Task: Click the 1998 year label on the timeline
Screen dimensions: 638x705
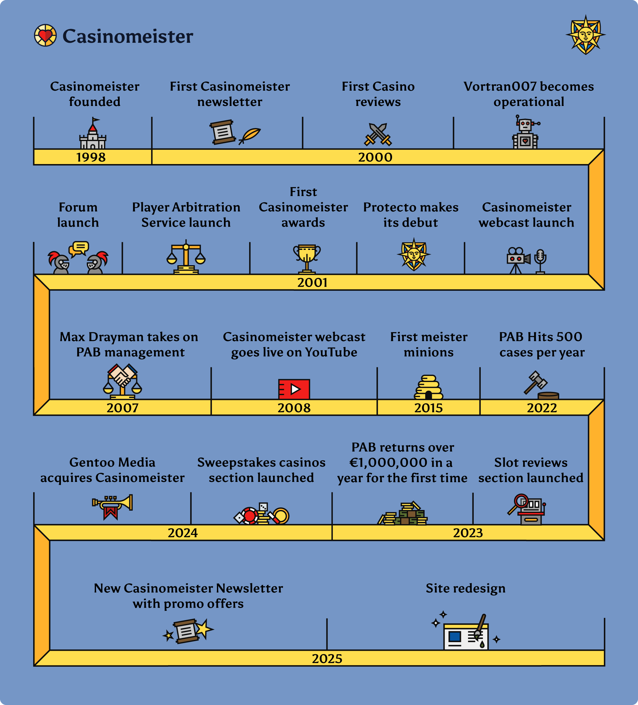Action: point(91,157)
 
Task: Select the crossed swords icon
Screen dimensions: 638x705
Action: point(378,134)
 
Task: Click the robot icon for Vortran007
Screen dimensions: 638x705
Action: point(525,132)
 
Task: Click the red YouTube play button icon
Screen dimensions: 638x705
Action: point(294,389)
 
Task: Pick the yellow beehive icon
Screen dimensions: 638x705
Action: point(428,387)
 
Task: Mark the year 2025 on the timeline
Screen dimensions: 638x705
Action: point(327,659)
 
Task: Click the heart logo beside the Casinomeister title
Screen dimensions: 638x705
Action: point(45,35)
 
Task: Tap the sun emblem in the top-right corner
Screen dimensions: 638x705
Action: point(586,34)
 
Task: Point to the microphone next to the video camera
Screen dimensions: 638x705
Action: point(540,261)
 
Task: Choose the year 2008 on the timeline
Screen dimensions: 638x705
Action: point(294,408)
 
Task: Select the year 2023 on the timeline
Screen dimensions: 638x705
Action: point(468,533)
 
